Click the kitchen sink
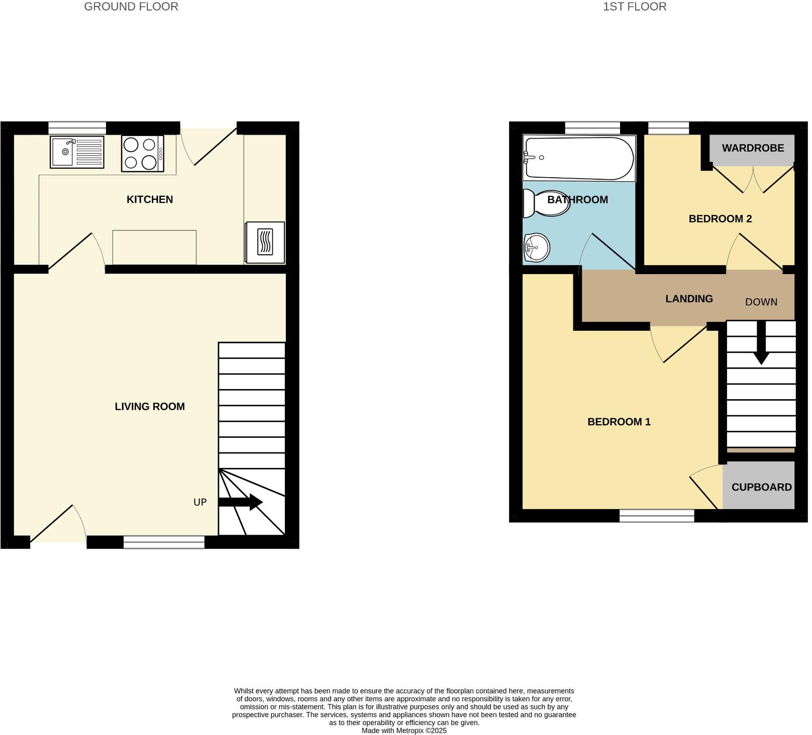[x=77, y=152]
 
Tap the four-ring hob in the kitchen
[x=142, y=154]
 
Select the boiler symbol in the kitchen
[x=265, y=242]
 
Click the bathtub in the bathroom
[x=578, y=158]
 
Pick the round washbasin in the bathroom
[x=536, y=248]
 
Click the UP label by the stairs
[x=200, y=502]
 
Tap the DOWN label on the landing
[x=761, y=302]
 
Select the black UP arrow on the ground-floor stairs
[x=241, y=502]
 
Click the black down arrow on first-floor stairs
[x=761, y=343]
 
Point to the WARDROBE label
[x=753, y=148]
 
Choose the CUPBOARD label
[x=761, y=487]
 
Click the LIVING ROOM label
[x=150, y=407]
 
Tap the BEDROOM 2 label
[x=720, y=219]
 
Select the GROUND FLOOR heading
[x=131, y=7]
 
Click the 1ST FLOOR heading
[x=635, y=7]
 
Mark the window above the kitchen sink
[x=77, y=128]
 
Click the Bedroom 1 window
[x=657, y=515]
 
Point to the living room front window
[x=164, y=542]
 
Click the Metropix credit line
[x=404, y=730]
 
